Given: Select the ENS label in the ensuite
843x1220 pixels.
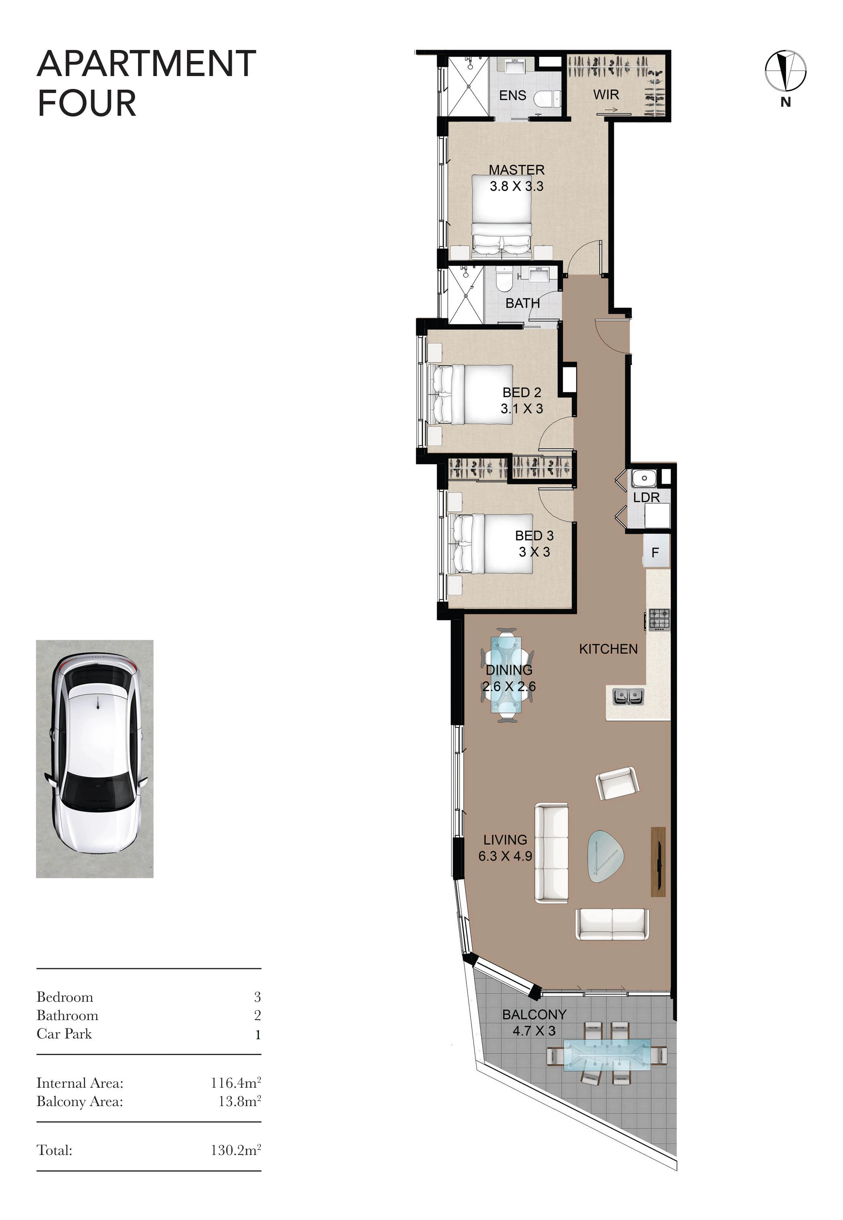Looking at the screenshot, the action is (x=512, y=95).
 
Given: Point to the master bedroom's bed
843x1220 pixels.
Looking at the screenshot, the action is (x=501, y=217).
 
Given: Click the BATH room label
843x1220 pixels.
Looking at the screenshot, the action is (x=522, y=303).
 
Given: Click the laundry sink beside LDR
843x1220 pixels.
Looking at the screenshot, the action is (x=644, y=478).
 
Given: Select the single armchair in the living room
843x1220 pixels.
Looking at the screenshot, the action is (x=617, y=783).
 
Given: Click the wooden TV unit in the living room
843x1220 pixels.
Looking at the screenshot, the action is (x=658, y=862).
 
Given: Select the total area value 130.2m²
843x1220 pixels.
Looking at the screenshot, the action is (x=236, y=1150).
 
